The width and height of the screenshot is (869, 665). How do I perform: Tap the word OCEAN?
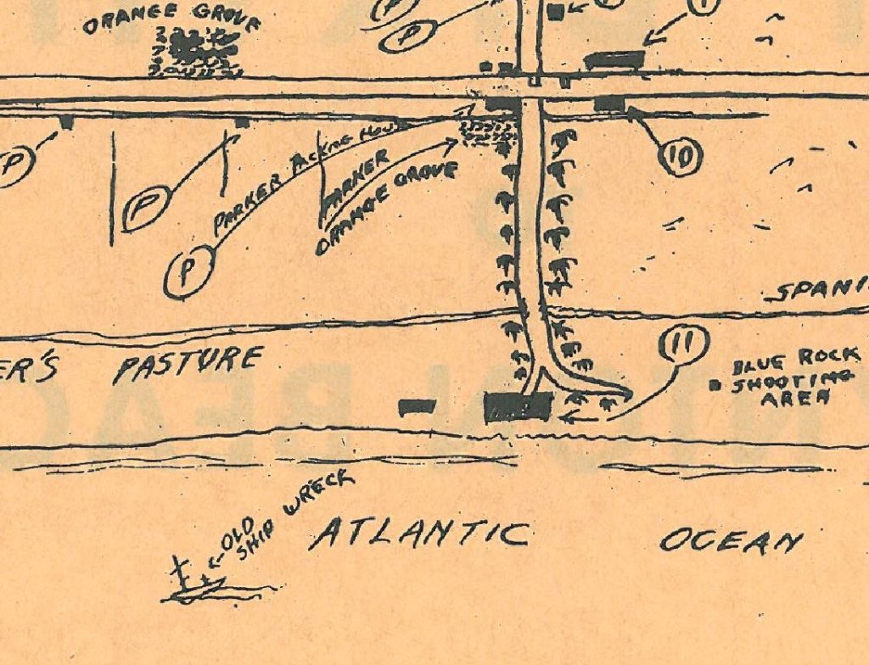pos(731,539)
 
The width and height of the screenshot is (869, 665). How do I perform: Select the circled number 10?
pos(680,155)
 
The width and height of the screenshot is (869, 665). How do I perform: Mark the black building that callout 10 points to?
pos(609,103)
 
